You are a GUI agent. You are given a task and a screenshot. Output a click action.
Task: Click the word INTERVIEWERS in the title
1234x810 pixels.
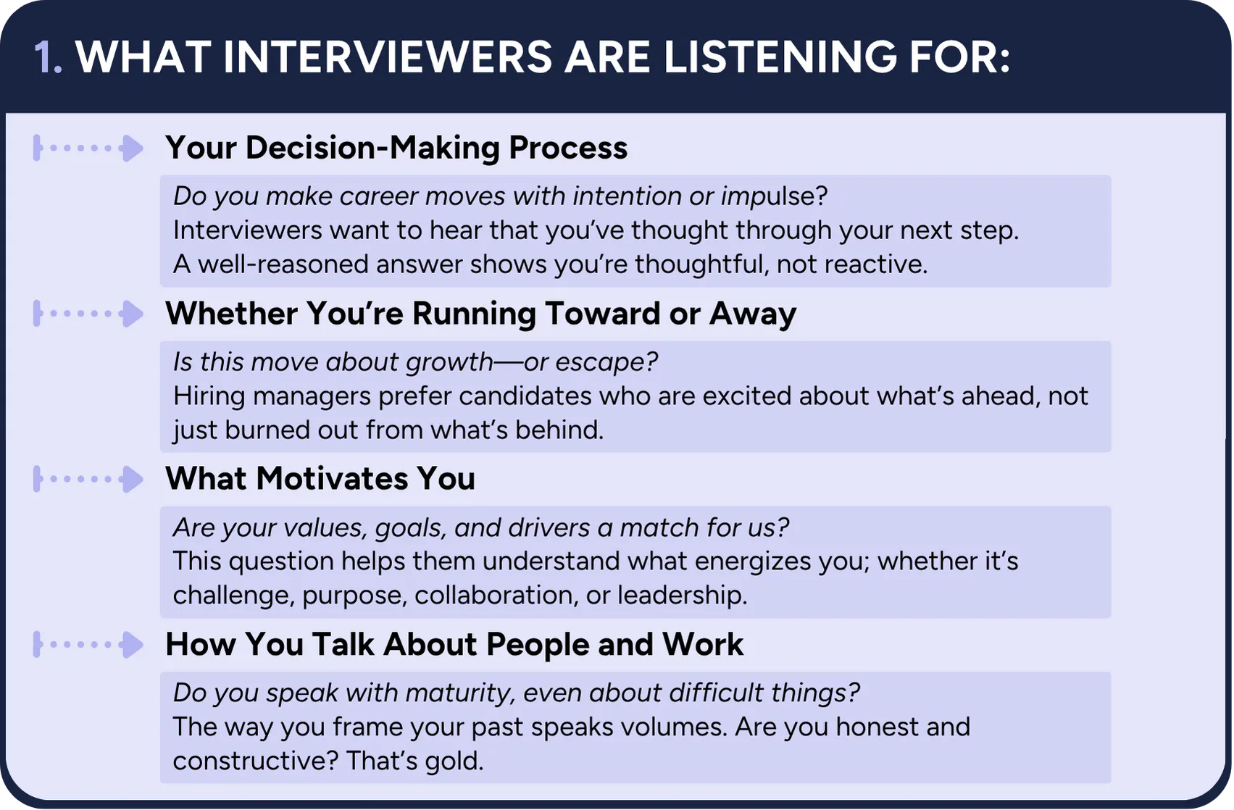click(x=387, y=57)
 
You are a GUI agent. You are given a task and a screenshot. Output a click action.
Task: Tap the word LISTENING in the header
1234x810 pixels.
click(x=780, y=57)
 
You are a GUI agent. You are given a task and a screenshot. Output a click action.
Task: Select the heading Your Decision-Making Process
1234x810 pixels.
click(x=396, y=148)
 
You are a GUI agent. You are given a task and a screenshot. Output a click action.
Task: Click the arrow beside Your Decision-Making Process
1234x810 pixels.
click(x=88, y=148)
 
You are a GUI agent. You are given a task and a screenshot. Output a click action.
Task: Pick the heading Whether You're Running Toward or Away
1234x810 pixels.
click(x=481, y=314)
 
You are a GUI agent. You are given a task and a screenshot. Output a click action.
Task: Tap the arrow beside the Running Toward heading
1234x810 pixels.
click(x=88, y=314)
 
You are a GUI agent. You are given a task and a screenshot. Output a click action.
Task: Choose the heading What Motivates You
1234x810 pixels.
click(x=320, y=478)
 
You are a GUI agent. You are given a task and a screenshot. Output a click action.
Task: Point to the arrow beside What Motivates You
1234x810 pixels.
click(x=88, y=479)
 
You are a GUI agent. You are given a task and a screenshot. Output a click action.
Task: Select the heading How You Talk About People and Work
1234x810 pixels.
click(x=454, y=644)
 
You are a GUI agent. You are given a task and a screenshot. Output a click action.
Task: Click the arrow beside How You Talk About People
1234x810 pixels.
click(x=88, y=645)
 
